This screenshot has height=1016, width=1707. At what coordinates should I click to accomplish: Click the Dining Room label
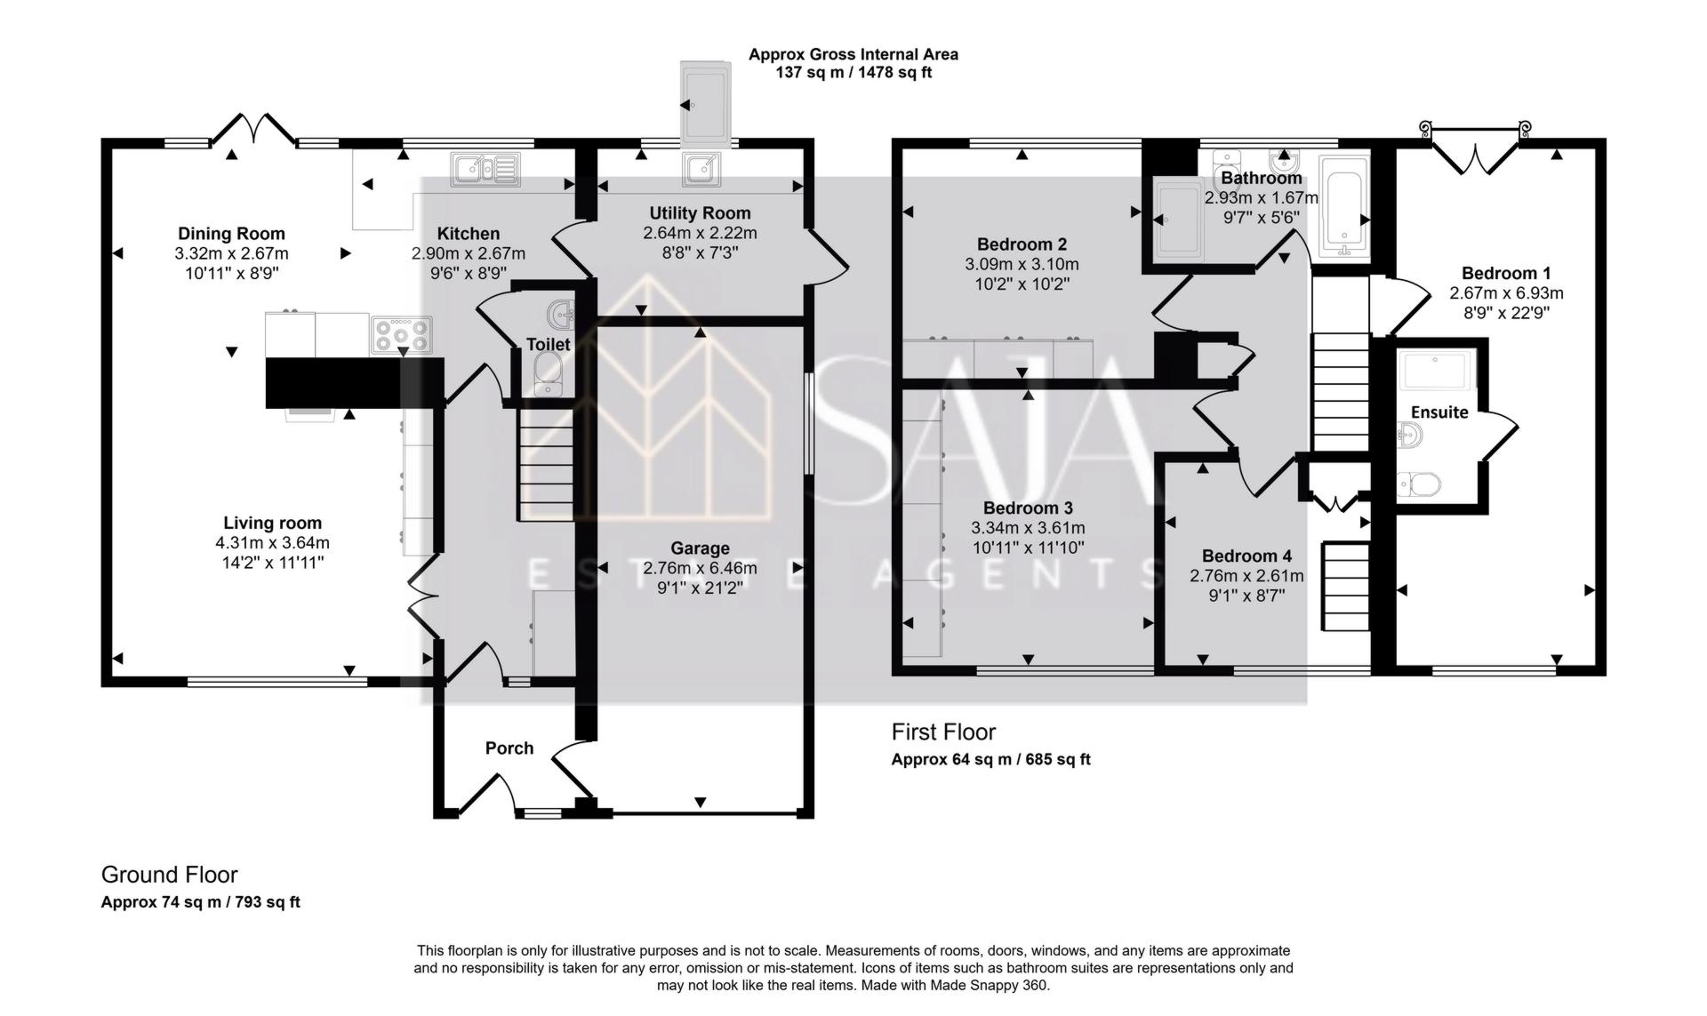231,234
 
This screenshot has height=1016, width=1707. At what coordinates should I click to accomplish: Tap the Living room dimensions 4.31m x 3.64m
272,543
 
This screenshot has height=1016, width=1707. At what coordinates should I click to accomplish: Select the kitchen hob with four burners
402,335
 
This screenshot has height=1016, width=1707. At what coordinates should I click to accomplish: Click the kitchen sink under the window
485,169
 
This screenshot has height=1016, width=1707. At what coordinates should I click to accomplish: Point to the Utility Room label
700,213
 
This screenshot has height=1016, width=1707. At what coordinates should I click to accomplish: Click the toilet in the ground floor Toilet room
549,372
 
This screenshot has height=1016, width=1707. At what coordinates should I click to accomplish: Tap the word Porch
509,748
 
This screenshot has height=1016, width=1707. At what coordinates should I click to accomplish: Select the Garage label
701,548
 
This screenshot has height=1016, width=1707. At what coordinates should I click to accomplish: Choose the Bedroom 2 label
1022,244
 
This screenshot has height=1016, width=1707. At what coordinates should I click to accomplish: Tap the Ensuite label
1439,412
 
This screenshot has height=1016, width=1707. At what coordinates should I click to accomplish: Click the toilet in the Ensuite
1419,484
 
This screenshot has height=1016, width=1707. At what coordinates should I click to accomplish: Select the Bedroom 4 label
1246,556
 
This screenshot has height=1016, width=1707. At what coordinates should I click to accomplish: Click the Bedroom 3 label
1028,508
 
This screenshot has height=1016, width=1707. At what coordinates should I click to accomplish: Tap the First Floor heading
943,732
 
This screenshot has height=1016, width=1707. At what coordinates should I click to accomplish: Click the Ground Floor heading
169,875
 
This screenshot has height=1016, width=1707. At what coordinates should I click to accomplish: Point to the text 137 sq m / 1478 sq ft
853,73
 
